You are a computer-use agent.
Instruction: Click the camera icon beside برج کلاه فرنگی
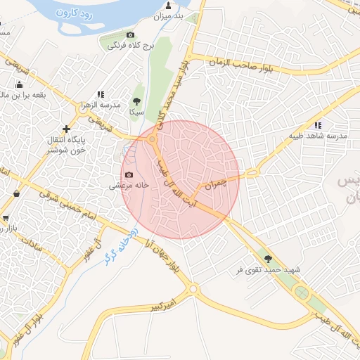click(130, 34)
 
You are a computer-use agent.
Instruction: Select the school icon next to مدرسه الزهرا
click(101, 94)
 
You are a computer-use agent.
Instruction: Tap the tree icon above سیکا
click(136, 101)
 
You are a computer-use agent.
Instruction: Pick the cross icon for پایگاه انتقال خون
click(66, 129)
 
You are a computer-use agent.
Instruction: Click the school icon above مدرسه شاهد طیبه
click(318, 124)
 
